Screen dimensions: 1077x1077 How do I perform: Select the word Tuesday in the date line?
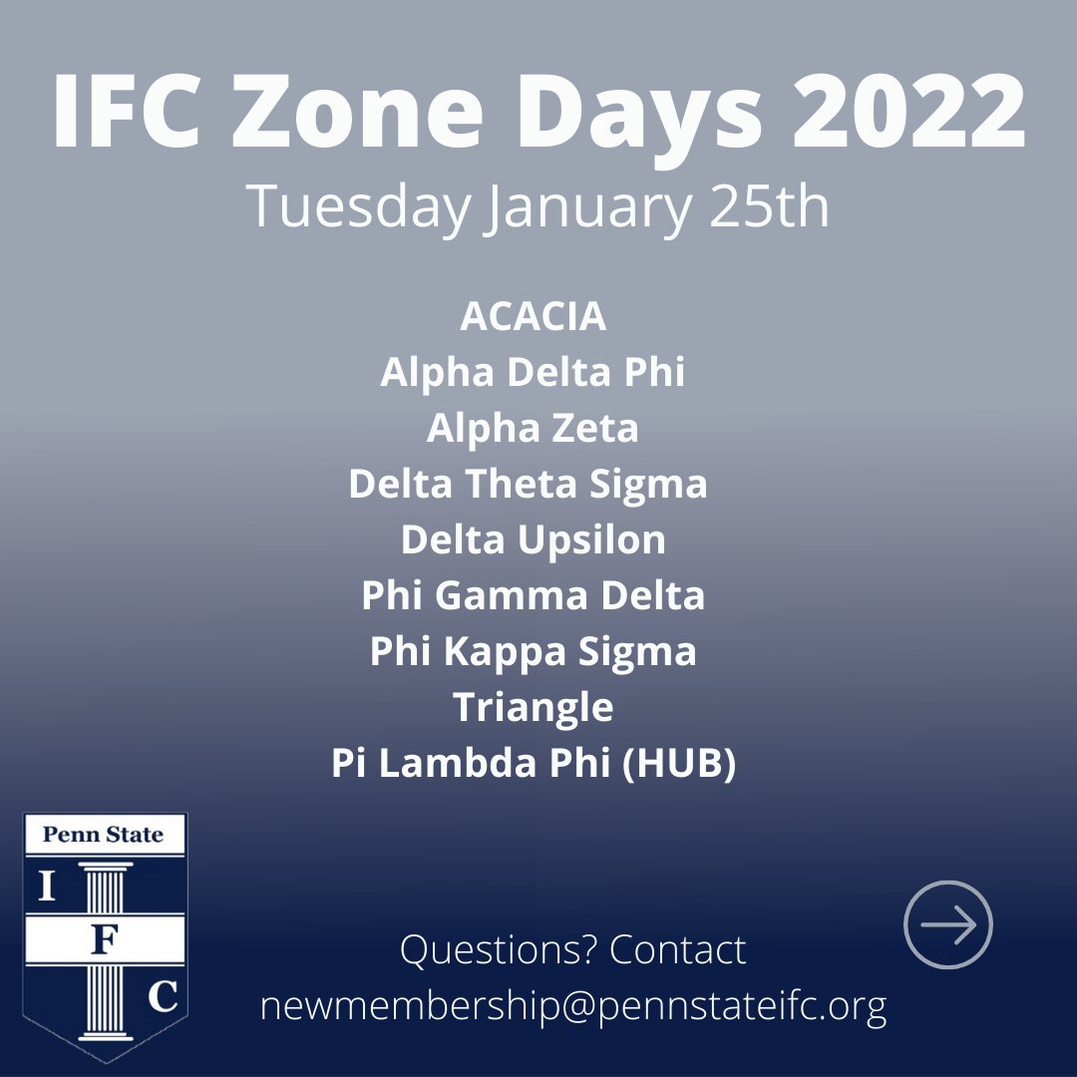coord(356,207)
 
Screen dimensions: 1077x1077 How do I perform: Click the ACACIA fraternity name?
coord(534,316)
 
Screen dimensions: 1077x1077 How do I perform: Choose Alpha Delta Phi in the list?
coord(534,372)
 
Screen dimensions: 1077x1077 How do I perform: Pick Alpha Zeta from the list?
coord(534,428)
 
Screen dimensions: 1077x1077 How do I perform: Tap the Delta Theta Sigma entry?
coord(529,484)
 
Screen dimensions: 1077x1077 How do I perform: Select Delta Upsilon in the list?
coord(534,539)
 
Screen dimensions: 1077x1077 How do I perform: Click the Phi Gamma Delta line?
coord(534,595)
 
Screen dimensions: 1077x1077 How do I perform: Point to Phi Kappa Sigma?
coord(534,651)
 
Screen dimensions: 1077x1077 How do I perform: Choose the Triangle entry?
coord(534,707)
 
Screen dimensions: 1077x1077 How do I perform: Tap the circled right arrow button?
coord(947,924)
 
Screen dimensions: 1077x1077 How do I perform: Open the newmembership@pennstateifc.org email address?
coord(573,1007)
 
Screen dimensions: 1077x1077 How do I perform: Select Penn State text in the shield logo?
coord(104,834)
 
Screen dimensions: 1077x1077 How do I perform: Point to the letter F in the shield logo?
coord(103,942)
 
